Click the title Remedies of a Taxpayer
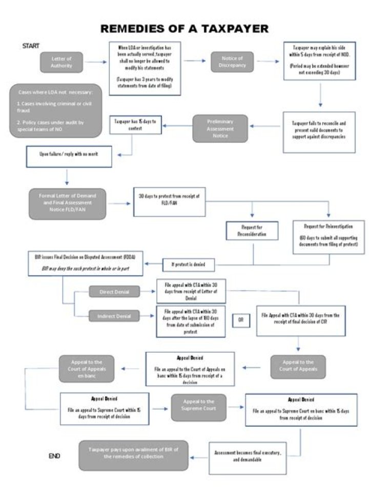tap(184, 29)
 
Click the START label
tap(31, 46)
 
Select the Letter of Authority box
tap(61, 62)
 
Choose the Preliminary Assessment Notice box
tap(220, 128)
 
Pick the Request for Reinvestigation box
tap(329, 237)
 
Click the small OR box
tap(241, 320)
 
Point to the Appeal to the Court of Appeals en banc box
tap(86, 368)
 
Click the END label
tap(54, 456)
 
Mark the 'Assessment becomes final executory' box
tap(248, 457)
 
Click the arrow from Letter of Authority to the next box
tap(96, 62)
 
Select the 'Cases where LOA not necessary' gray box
tap(55, 111)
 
